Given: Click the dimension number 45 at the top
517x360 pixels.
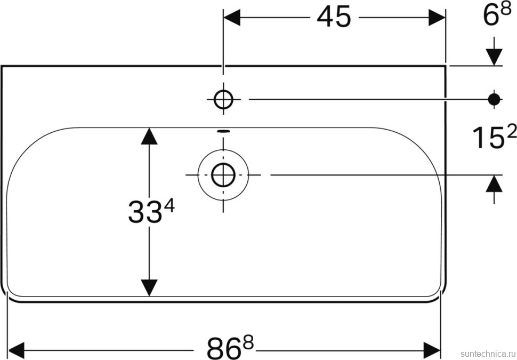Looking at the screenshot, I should tap(334, 18).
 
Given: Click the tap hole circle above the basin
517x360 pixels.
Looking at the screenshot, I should tap(223, 99).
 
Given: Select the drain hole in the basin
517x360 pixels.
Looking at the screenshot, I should tap(223, 174).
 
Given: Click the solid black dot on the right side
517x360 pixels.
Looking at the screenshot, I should tap(495, 99).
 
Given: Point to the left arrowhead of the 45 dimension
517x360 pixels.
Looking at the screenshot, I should tap(232, 18).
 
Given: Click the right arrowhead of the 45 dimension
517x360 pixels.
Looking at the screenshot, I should tap(437, 18).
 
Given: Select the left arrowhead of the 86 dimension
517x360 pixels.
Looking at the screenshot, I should tap(17, 350).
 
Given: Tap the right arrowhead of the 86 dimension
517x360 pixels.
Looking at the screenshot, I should tap(432, 350).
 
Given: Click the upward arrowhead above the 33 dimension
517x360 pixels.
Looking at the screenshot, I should tap(149, 137).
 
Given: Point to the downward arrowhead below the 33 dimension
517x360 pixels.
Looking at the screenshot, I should tap(149, 287).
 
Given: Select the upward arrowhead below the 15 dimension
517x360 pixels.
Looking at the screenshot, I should tap(495, 184).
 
